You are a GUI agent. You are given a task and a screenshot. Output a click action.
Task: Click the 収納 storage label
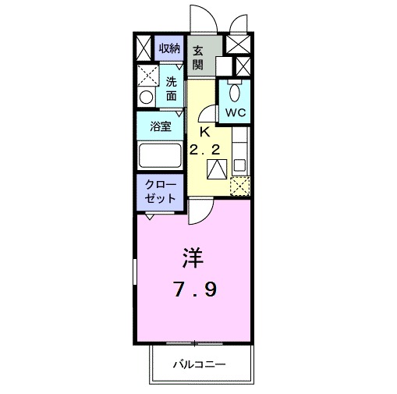click(x=171, y=49)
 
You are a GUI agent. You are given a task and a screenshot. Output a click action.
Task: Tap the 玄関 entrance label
click(x=200, y=56)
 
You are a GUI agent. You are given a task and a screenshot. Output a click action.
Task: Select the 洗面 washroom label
click(x=172, y=88)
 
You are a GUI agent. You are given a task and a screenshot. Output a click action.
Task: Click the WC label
click(x=236, y=112)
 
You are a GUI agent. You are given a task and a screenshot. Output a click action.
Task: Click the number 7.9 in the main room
click(x=194, y=290)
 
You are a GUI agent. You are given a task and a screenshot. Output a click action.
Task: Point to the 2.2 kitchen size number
click(x=204, y=149)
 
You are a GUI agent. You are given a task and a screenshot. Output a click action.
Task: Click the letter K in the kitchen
click(x=205, y=132)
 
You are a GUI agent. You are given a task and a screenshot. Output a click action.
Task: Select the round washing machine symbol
click(x=146, y=98)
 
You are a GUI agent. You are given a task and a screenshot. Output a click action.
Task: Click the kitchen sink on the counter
click(x=239, y=166)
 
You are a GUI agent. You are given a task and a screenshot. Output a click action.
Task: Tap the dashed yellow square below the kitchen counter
click(x=240, y=186)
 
